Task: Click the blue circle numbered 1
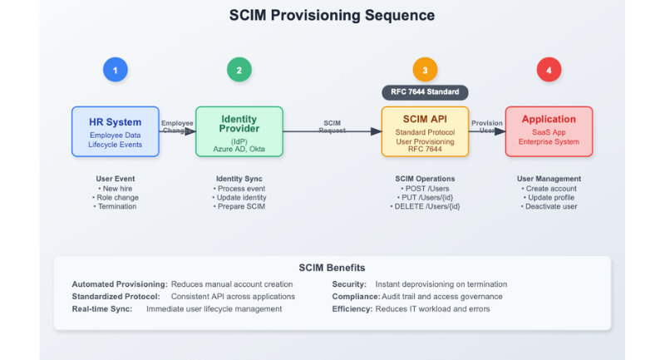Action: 116,70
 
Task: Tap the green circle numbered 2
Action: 239,70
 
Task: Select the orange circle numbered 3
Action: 425,70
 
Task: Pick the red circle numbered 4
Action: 549,70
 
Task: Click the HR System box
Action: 116,131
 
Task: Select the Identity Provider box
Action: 239,131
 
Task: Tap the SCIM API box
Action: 425,131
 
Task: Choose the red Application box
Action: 549,131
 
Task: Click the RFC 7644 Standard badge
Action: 425,93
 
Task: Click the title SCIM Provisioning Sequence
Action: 332,16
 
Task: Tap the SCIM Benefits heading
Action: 332,268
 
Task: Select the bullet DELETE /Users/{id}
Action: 426,206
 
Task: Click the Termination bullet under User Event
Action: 116,206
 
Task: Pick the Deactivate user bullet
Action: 549,206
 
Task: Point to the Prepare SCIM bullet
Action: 239,206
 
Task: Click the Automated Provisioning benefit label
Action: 120,284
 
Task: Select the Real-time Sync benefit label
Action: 102,309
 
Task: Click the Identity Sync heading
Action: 239,179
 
